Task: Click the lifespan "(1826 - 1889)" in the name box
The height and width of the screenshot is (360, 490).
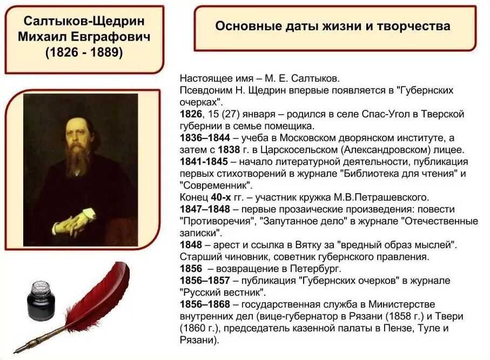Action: [x=84, y=52]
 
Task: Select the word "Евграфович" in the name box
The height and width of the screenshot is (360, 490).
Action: [x=110, y=37]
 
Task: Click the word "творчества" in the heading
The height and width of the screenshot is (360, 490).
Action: [x=413, y=26]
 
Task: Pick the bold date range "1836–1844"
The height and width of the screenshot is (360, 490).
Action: [x=205, y=138]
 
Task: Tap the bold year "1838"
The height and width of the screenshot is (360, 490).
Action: [x=229, y=150]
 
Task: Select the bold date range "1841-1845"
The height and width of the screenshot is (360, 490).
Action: [x=204, y=162]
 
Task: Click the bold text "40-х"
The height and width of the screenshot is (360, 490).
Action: [x=221, y=197]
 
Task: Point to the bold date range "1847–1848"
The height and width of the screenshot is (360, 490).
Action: [x=205, y=209]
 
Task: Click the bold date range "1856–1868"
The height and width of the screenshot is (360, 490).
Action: [x=205, y=304]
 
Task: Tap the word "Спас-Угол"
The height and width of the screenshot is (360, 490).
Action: [x=386, y=114]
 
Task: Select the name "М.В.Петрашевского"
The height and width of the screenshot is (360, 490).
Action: [x=381, y=197]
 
